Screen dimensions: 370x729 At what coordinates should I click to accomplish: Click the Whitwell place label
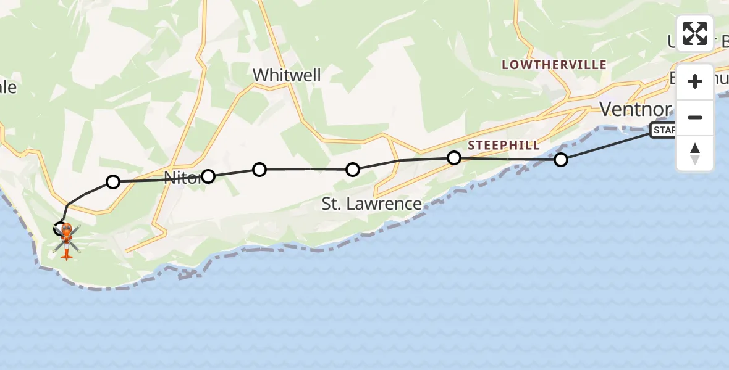[287, 75]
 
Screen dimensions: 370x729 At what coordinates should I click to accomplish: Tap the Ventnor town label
[636, 110]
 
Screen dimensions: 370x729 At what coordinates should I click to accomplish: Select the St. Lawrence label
[371, 203]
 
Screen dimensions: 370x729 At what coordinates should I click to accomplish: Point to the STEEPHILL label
[504, 146]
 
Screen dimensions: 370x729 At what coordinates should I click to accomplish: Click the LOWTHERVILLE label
[554, 65]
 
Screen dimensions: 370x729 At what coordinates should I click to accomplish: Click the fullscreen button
[695, 33]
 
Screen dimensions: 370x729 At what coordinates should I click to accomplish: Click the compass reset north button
[695, 154]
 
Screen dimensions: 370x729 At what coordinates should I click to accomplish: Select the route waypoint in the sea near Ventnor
[560, 160]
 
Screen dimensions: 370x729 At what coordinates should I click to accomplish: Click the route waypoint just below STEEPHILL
[454, 158]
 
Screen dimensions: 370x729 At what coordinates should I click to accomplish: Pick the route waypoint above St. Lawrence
[352, 169]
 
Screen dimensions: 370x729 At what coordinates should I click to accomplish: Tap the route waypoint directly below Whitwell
[259, 169]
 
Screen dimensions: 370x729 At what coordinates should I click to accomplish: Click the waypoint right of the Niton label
[208, 176]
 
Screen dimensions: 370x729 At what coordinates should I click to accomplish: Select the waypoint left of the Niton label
[113, 181]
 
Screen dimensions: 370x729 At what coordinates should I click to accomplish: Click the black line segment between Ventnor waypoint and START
[605, 146]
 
